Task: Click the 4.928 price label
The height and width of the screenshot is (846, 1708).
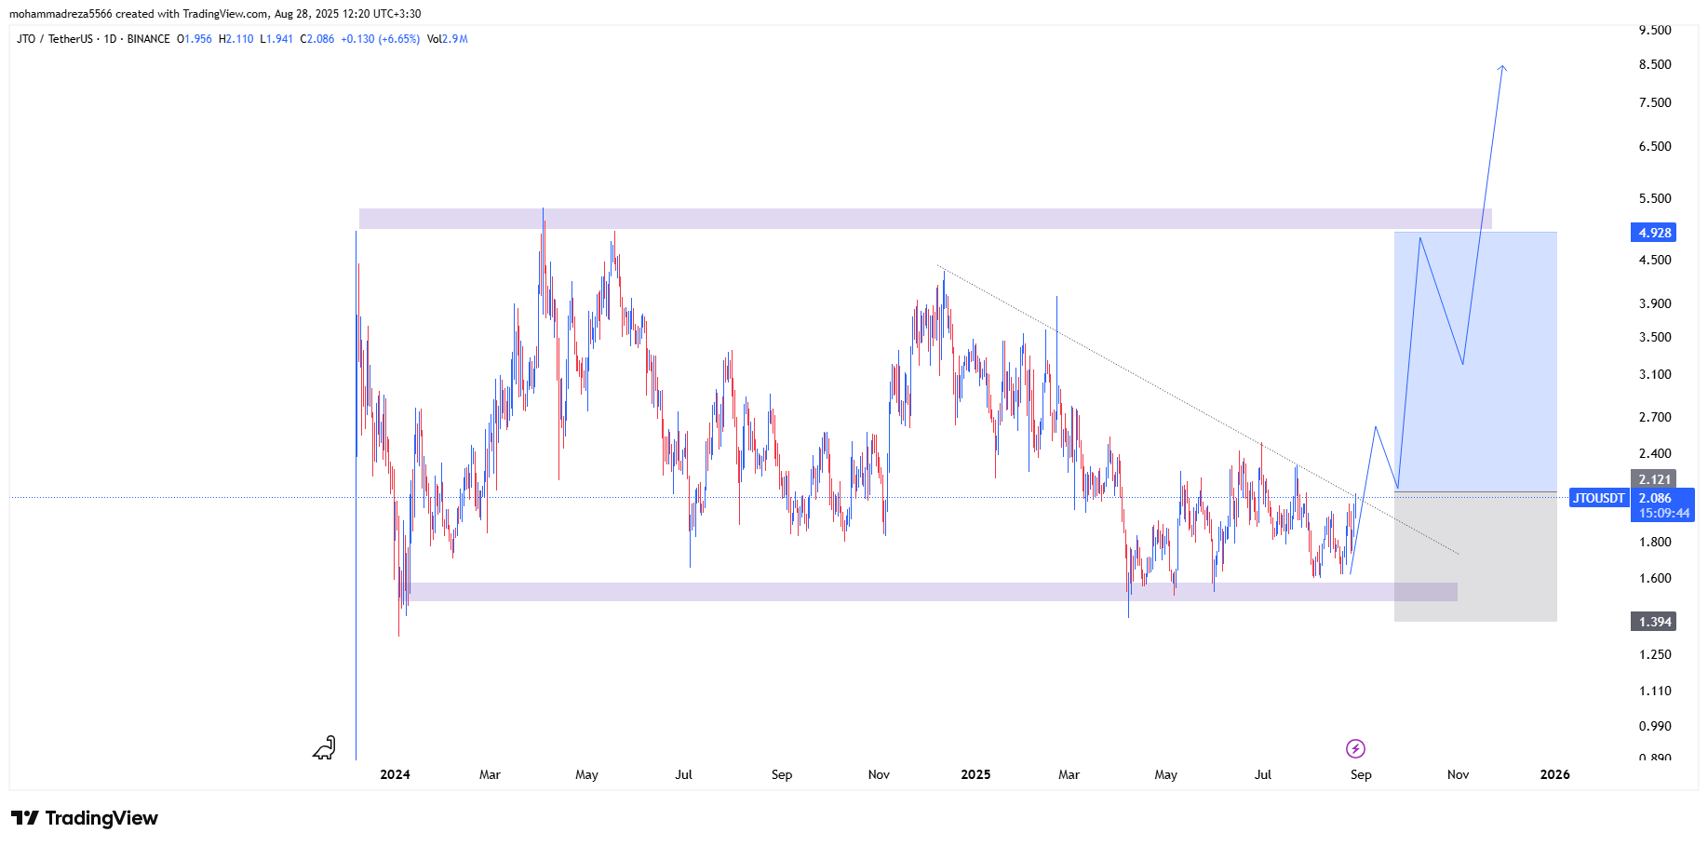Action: [1654, 233]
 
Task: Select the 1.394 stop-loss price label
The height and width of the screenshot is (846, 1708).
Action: [1654, 622]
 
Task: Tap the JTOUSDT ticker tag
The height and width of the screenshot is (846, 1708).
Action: [1598, 498]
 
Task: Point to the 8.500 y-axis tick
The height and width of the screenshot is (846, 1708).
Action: [1655, 64]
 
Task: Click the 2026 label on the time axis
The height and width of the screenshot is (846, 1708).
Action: [1554, 774]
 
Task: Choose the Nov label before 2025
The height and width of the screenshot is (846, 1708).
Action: [879, 774]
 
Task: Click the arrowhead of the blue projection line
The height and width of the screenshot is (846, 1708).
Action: [1502, 67]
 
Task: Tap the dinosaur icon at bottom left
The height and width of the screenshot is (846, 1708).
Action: [324, 747]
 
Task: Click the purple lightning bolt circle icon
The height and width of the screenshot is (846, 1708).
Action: [1355, 748]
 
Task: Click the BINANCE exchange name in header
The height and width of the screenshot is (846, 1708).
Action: [149, 39]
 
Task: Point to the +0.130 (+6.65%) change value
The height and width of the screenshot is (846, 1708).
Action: [380, 39]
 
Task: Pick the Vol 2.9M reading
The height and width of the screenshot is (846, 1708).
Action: [448, 39]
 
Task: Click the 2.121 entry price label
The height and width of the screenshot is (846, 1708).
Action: [1654, 479]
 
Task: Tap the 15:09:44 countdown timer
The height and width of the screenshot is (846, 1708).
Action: [1664, 513]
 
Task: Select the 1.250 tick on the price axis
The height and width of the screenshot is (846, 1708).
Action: [1655, 654]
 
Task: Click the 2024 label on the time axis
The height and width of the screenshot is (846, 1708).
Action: [395, 774]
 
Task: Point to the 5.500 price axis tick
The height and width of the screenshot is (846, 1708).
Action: [1655, 198]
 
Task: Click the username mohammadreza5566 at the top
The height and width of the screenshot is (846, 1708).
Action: [61, 14]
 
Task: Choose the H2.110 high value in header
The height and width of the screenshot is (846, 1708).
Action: [236, 39]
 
